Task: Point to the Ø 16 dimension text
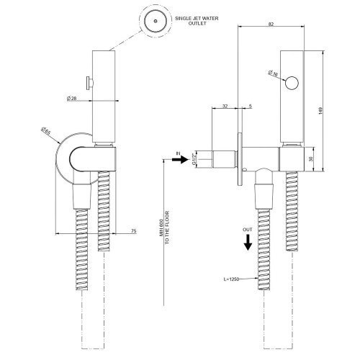coord(274,73)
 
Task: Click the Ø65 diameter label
coord(47,132)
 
